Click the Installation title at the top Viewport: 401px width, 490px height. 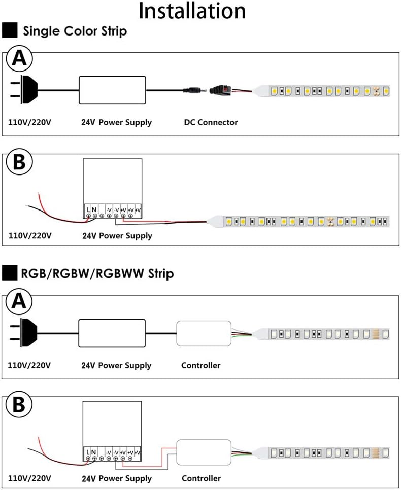tap(192, 11)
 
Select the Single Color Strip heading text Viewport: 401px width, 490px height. tap(75, 31)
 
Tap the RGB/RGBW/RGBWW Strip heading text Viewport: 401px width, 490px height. tap(97, 273)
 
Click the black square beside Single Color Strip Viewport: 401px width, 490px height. tap(10, 30)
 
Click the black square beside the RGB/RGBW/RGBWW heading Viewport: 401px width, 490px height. tap(10, 273)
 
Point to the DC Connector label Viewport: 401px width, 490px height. tap(211, 122)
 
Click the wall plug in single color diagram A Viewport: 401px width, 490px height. tap(24, 89)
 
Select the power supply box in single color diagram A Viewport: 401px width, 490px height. tap(112, 90)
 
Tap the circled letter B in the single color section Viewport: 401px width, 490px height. tap(19, 162)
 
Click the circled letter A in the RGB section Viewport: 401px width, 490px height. tap(19, 302)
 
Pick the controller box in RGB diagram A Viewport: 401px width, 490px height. tap(204, 333)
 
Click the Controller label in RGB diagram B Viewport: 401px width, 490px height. tap(201, 478)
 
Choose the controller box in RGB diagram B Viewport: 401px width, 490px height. tap(204, 452)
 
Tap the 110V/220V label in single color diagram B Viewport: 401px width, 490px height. tap(30, 235)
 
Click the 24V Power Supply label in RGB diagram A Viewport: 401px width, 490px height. tap(116, 365)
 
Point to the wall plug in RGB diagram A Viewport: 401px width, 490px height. tap(24, 333)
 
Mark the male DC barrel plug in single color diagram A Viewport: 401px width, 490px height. tap(194, 90)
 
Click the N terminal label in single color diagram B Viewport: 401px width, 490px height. tap(94, 209)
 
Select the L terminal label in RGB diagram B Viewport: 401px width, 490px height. tap(88, 452)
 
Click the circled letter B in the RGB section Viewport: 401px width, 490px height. tap(19, 404)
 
